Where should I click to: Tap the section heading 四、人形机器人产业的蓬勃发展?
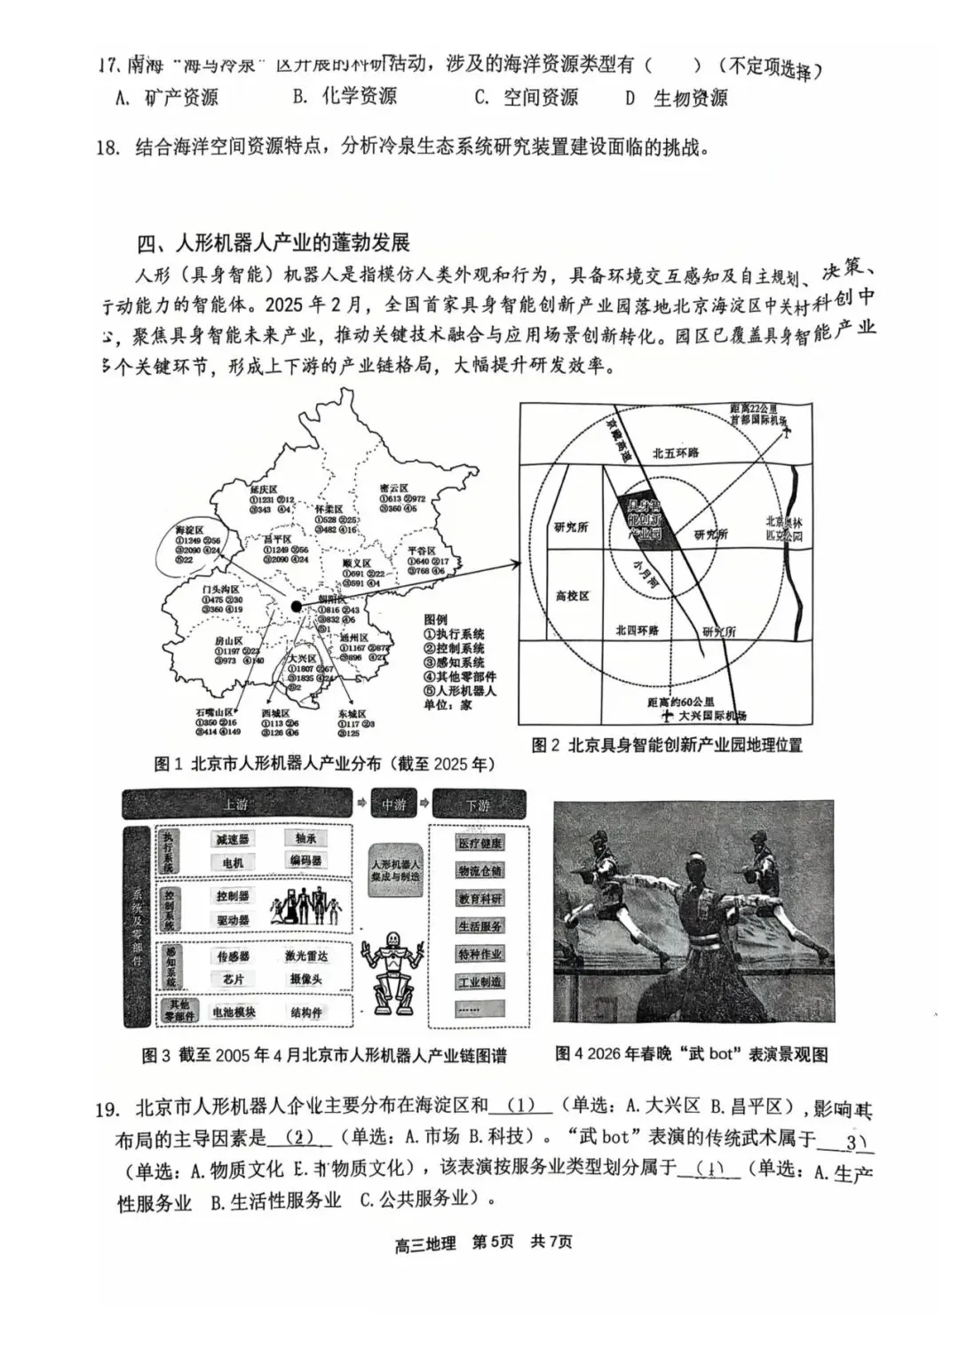coord(273,242)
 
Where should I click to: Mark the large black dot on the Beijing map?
coord(296,607)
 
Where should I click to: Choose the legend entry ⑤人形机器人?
coord(460,690)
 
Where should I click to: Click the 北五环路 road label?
coord(676,452)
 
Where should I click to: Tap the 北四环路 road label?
coord(638,630)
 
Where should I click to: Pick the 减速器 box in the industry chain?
coord(233,838)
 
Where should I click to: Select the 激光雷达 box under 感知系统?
coord(305,956)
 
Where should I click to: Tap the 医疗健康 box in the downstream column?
coord(480,843)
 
